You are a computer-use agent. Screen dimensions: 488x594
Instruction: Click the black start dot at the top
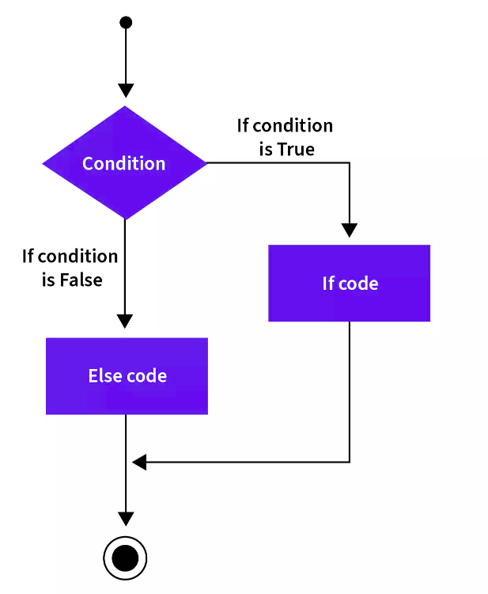(x=126, y=22)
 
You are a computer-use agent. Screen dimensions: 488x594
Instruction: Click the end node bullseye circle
(x=125, y=558)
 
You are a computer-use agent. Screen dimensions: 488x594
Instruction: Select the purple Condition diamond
(x=125, y=163)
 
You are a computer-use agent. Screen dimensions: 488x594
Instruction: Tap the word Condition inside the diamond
(x=123, y=164)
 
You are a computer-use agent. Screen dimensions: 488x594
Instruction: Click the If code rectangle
(x=349, y=283)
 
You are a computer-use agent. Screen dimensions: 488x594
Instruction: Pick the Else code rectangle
(x=127, y=375)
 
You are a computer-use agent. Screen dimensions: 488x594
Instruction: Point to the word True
(x=296, y=149)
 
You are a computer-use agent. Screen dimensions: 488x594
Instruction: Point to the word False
(x=81, y=280)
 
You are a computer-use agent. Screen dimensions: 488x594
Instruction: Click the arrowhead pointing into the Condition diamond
(x=126, y=90)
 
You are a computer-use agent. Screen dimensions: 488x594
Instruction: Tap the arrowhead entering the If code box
(x=349, y=230)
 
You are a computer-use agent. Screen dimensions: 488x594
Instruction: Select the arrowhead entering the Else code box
(x=125, y=322)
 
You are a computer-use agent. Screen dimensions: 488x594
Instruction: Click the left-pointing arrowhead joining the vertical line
(x=139, y=463)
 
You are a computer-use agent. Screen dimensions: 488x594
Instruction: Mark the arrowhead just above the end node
(x=126, y=519)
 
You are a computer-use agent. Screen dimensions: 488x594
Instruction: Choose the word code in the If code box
(x=358, y=284)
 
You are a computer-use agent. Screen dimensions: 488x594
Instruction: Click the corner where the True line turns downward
(x=349, y=163)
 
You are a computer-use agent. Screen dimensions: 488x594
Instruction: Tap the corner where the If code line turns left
(x=349, y=463)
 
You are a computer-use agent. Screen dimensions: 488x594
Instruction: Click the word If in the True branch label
(x=243, y=125)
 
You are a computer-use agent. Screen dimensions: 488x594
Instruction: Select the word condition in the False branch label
(x=78, y=257)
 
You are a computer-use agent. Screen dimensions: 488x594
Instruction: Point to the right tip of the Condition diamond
(x=207, y=163)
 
